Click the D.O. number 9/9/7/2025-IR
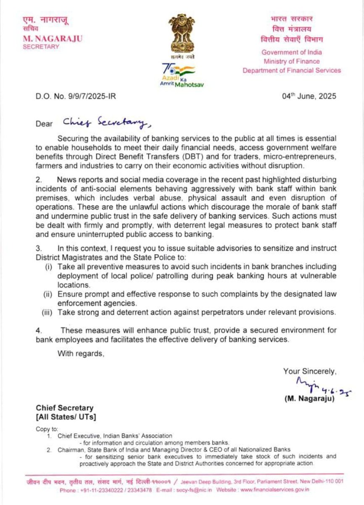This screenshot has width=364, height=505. coord(76,96)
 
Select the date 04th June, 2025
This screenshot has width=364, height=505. coord(309,96)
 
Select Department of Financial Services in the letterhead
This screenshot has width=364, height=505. coord(292,70)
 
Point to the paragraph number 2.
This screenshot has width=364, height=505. coord(38,180)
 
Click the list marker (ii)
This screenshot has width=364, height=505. coord(47,294)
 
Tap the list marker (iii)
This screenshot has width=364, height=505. coord(47,312)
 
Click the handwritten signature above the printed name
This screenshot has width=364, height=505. coord(317,387)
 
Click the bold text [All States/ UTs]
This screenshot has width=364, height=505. coord(66,417)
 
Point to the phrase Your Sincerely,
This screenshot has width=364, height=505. coord(310,371)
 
